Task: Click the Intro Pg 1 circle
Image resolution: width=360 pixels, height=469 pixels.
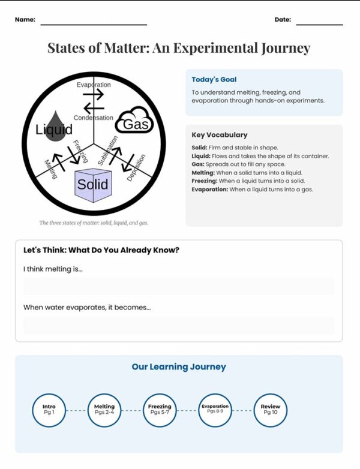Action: [49, 410]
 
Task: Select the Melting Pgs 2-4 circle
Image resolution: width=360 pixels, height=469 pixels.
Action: [104, 410]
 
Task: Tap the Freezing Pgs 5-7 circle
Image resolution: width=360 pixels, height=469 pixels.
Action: [160, 410]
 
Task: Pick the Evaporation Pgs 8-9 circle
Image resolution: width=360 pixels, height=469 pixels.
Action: [215, 410]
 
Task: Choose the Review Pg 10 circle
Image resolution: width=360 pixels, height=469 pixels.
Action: [270, 410]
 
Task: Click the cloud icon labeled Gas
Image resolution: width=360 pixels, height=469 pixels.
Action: [134, 121]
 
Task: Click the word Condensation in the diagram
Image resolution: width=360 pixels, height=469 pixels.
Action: [93, 118]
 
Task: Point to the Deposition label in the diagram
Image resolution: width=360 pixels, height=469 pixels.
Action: [136, 167]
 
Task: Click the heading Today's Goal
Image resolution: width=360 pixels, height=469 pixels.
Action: [214, 79]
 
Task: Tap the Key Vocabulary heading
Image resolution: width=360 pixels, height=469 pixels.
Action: [219, 135]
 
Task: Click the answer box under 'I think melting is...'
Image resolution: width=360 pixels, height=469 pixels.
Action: [179, 287]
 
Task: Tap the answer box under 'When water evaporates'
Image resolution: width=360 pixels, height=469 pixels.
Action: [179, 325]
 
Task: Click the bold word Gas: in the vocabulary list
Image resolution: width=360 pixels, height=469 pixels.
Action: [199, 164]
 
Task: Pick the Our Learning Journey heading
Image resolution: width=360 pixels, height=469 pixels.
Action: [179, 366]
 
